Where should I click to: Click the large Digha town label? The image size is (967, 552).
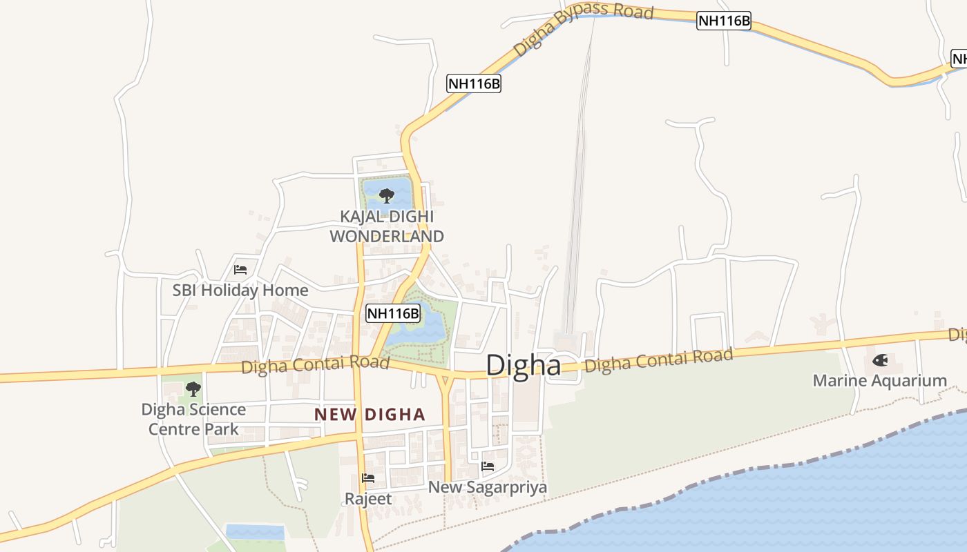(x=524, y=365)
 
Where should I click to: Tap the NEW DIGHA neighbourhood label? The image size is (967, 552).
(x=370, y=415)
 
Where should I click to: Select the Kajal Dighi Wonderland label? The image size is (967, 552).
(x=387, y=226)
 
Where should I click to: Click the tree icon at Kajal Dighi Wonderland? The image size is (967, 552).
(x=387, y=195)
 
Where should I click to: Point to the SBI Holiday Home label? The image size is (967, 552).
(x=240, y=290)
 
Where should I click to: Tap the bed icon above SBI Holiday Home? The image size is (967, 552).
(x=240, y=270)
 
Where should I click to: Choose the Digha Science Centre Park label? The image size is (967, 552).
(x=193, y=419)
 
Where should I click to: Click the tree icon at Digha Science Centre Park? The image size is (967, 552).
(x=193, y=389)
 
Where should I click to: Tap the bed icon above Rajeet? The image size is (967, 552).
(x=368, y=477)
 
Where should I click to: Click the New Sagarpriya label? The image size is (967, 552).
(x=488, y=487)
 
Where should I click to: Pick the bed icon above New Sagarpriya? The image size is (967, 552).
(x=488, y=466)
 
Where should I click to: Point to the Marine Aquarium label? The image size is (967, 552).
(x=879, y=380)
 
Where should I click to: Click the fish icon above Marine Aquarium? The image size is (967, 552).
(x=880, y=359)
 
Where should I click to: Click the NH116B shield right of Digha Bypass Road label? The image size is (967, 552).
(x=723, y=21)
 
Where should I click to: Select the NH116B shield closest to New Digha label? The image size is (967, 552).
(x=393, y=314)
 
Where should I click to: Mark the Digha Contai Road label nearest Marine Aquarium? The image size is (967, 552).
(x=658, y=361)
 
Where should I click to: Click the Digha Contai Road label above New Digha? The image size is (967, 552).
(x=315, y=365)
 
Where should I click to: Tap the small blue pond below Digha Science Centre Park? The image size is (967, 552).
(x=255, y=532)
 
